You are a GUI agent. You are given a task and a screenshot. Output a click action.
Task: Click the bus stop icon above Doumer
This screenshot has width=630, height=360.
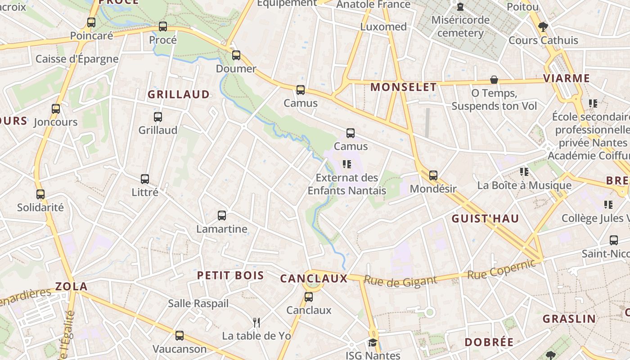pyautogui.click(x=236, y=55)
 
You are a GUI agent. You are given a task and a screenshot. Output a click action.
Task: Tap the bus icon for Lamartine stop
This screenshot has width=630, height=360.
pyautogui.click(x=222, y=216)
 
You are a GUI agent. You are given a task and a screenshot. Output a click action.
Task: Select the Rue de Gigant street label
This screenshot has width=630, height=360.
pyautogui.click(x=400, y=281)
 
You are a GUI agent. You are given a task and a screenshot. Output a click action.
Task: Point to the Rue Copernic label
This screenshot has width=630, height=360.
pyautogui.click(x=501, y=269)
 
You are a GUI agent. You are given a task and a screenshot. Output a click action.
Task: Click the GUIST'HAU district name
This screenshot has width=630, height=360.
pyautogui.click(x=485, y=219)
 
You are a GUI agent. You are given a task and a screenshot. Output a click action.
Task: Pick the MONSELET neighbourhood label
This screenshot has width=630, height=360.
pyautogui.click(x=403, y=87)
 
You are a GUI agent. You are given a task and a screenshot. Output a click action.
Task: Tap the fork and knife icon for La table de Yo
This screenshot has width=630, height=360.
pyautogui.click(x=256, y=322)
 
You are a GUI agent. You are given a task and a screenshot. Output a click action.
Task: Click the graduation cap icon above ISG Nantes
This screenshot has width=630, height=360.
pyautogui.click(x=373, y=342)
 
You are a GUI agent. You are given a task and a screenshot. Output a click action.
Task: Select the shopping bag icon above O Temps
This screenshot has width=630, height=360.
pyautogui.click(x=494, y=80)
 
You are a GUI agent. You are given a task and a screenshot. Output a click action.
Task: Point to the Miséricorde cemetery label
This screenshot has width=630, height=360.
pyautogui.click(x=460, y=27)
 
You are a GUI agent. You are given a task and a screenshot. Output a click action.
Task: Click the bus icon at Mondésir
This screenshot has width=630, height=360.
pyautogui.click(x=433, y=175)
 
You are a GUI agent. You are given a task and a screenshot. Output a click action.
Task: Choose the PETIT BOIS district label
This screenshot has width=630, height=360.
pyautogui.click(x=230, y=276)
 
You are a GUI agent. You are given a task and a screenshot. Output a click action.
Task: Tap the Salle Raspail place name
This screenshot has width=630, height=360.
pyautogui.click(x=198, y=304)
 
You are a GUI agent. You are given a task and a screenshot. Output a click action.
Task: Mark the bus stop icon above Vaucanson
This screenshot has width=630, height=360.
pyautogui.click(x=179, y=336)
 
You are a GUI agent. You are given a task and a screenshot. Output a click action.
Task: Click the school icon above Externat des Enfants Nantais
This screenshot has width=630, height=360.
pyautogui.click(x=346, y=164)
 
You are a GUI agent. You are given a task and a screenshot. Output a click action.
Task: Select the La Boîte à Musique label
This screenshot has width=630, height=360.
pyautogui.click(x=524, y=185)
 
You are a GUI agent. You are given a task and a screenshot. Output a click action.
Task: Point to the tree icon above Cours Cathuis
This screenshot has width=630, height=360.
pyautogui.click(x=543, y=27)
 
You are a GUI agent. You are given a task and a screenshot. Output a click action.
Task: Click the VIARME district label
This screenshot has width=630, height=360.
pyautogui.click(x=566, y=79)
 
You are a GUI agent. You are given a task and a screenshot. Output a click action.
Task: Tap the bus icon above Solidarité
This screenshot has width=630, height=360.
pyautogui.click(x=40, y=194)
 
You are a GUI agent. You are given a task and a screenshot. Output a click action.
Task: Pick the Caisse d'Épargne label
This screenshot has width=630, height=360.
pyautogui.click(x=77, y=59)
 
